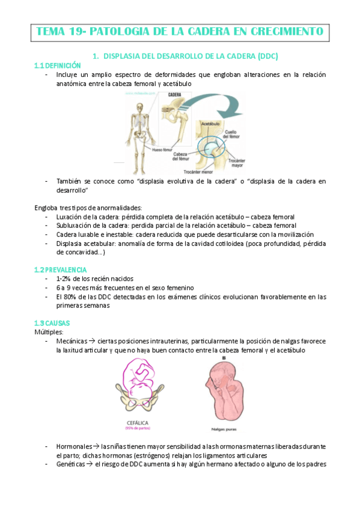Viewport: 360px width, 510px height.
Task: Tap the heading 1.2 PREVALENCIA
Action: (x=61, y=269)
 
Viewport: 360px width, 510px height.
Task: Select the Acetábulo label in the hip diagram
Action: (x=210, y=122)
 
